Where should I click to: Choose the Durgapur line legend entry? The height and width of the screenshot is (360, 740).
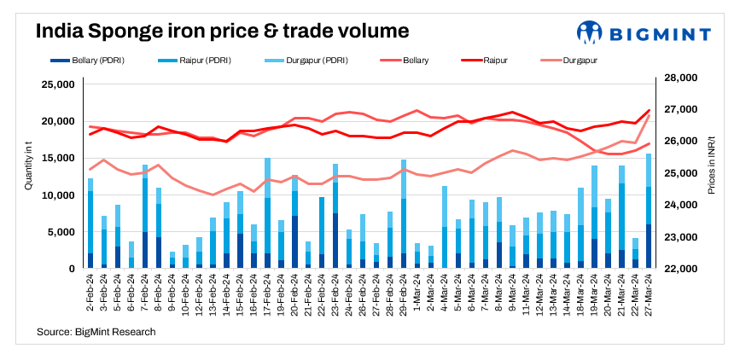click(571, 61)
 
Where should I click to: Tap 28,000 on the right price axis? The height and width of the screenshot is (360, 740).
click(679, 78)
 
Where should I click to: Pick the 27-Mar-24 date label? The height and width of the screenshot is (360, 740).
click(649, 291)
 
